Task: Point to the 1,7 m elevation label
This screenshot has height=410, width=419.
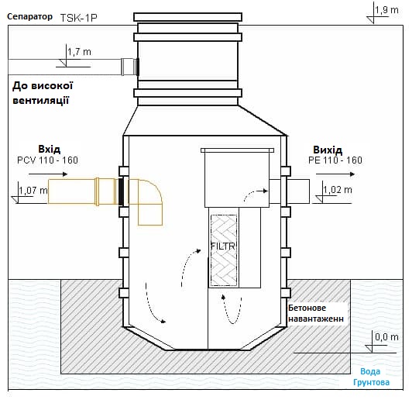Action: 78,52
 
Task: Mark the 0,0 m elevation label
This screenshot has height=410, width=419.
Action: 385,338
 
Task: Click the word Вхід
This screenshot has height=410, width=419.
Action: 49,149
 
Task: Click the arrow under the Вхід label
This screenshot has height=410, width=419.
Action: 56,174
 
